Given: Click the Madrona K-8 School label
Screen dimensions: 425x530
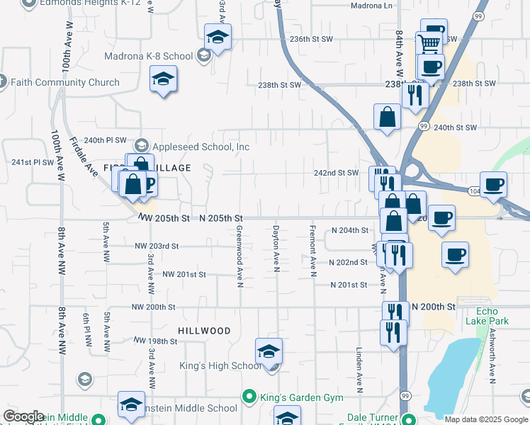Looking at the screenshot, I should click(x=148, y=56).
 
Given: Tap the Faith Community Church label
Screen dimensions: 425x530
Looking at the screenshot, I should click(x=64, y=82).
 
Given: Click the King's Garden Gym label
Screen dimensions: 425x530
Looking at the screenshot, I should click(x=291, y=395).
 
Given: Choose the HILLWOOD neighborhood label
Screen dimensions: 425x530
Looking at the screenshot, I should click(x=204, y=331).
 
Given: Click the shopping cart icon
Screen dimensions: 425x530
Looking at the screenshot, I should click(x=428, y=44).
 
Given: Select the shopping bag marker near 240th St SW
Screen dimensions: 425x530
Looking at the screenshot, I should click(x=387, y=117).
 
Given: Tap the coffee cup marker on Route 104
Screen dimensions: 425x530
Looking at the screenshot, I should click(x=493, y=184).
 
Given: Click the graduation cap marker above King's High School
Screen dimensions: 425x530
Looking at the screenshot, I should click(x=269, y=351).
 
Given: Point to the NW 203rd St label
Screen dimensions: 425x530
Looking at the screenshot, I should click(x=157, y=246).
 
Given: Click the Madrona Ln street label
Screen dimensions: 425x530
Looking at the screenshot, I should click(x=371, y=6).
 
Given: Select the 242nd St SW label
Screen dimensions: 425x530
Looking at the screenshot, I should click(x=337, y=173).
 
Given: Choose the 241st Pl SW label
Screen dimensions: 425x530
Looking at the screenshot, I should click(x=33, y=162).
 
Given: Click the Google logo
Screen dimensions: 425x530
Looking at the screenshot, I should click(x=23, y=416).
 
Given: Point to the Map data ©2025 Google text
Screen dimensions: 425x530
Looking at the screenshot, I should click(x=486, y=419).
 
